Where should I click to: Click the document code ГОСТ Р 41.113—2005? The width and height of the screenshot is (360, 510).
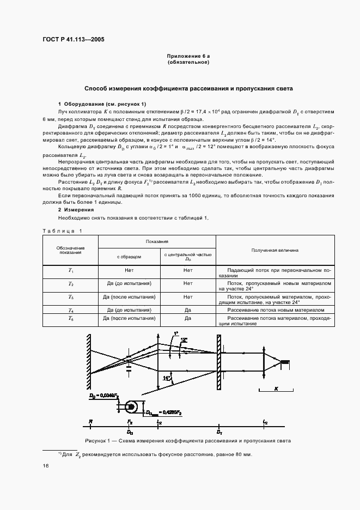click(74, 39)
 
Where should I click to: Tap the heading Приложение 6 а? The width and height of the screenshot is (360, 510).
click(188, 57)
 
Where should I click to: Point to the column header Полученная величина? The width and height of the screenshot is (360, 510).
click(274, 250)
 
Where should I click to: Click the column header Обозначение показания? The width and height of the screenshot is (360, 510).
click(70, 250)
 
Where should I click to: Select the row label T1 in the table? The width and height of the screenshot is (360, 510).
click(70, 270)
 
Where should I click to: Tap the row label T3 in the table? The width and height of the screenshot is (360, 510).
click(70, 297)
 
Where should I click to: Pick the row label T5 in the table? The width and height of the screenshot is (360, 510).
click(70, 318)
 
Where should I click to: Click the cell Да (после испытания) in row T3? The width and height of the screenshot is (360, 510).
click(129, 297)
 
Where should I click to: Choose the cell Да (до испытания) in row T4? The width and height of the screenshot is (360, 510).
click(129, 309)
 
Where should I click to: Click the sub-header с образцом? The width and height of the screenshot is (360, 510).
click(129, 256)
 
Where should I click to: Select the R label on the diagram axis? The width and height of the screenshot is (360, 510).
click(90, 422)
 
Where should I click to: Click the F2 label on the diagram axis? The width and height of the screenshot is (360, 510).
click(130, 422)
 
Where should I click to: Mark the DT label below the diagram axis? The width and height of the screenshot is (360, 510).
click(219, 432)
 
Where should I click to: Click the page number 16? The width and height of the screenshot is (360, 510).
click(45, 465)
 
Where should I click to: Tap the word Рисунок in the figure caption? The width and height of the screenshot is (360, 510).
click(97, 440)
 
